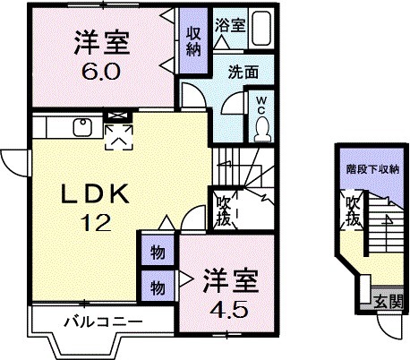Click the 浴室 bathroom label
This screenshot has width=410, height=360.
click(x=229, y=25)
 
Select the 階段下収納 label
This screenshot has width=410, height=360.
click(x=373, y=168)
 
